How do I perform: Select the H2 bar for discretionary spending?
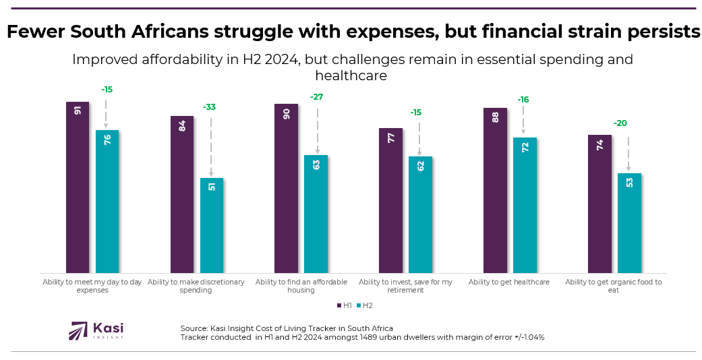212,225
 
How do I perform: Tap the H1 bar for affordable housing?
286,188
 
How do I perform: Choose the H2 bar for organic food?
629,222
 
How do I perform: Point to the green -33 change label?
210,107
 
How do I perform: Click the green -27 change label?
316,97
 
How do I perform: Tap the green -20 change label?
620,123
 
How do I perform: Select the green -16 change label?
523,100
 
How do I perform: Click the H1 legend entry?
343,305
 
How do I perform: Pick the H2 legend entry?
363,305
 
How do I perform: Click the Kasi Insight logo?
96,330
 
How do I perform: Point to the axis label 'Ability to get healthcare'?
508,282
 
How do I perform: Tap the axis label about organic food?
613,286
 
